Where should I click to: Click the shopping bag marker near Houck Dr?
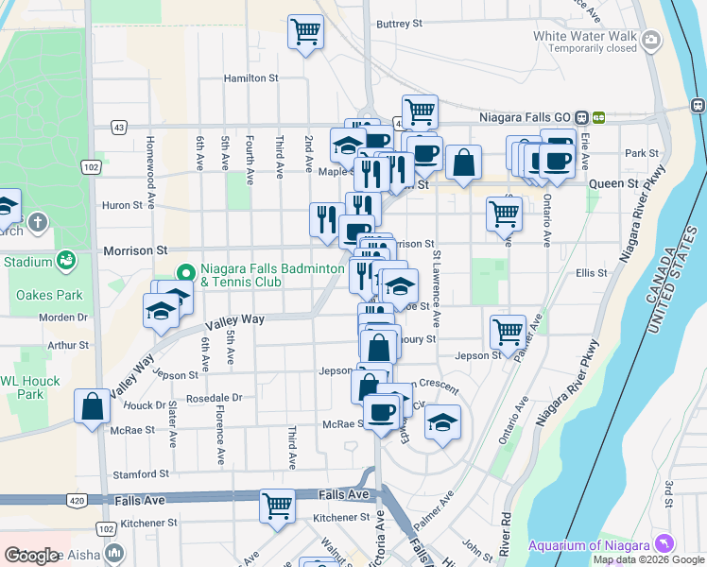coord(93,407)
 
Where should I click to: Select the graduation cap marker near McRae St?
coord(441,421)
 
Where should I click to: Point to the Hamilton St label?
coord(250,78)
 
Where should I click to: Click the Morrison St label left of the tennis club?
coord(134,250)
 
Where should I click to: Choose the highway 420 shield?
coord(77,499)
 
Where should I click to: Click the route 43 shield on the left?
coord(118,126)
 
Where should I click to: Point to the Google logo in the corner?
coord(32,556)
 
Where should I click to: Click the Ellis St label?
coord(591,273)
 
